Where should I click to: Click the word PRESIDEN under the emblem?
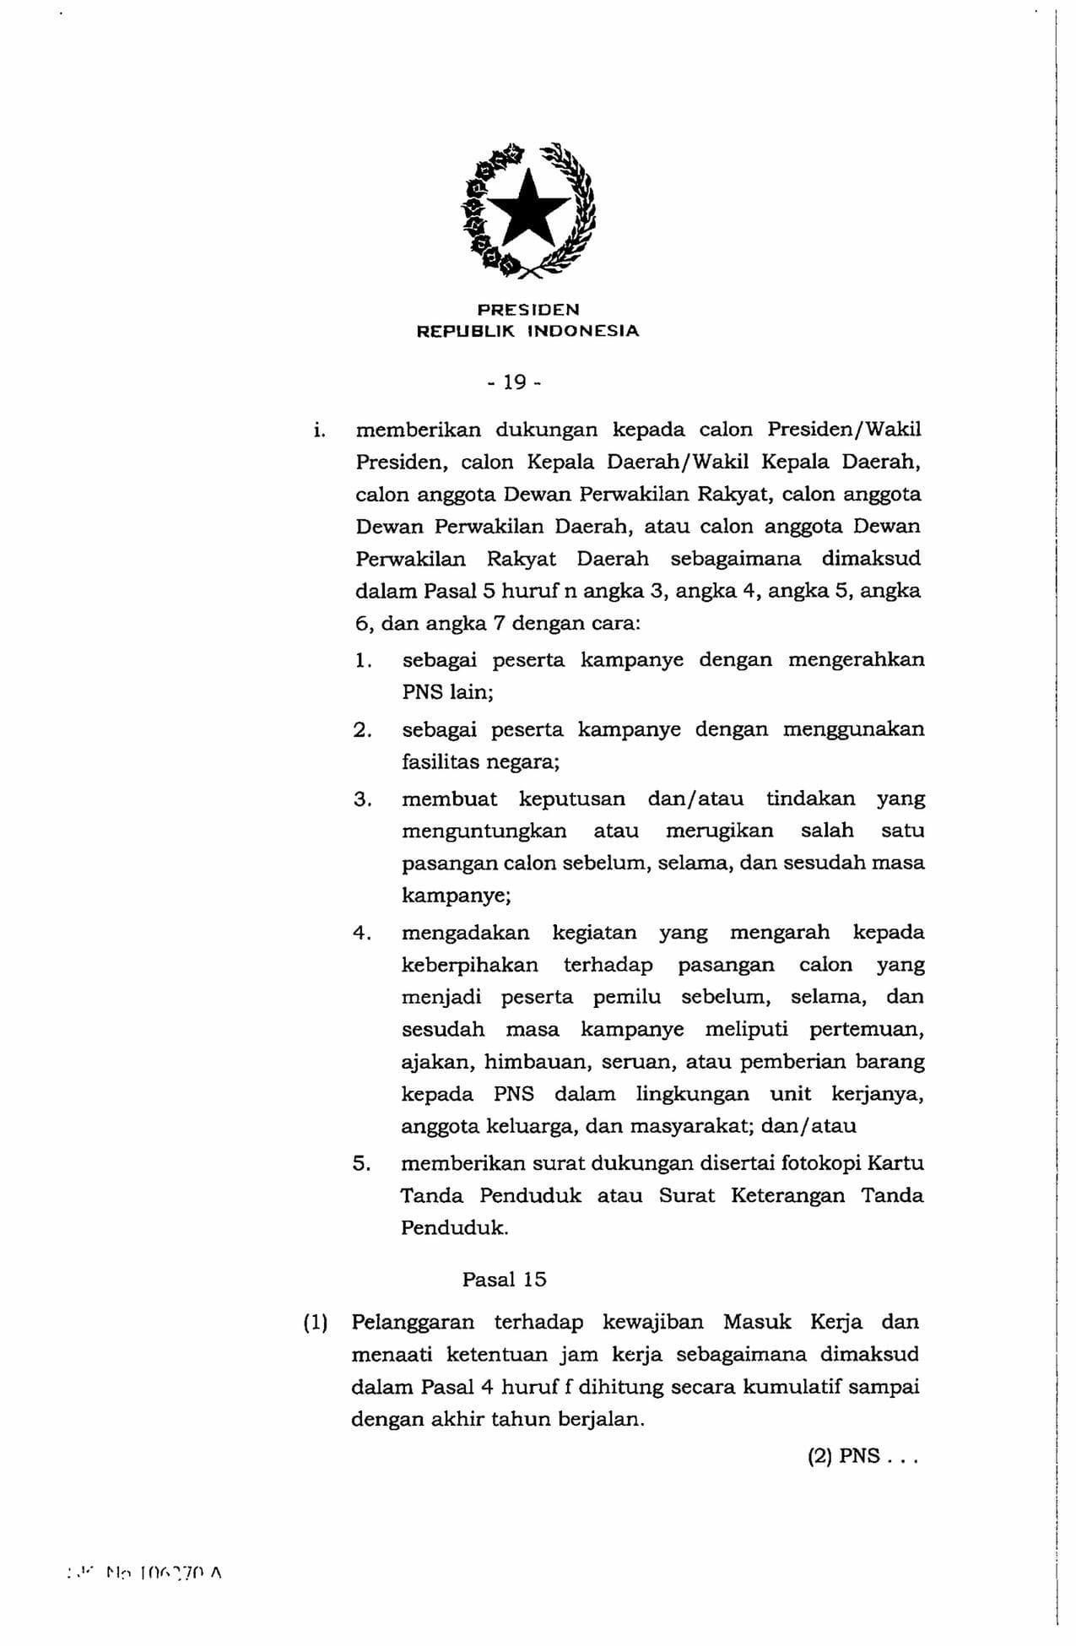[528, 310]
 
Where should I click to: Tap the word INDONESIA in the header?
[583, 332]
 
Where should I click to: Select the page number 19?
[514, 383]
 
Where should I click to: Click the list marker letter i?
[318, 430]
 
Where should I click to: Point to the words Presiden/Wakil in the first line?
[844, 430]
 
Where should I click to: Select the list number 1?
[362, 660]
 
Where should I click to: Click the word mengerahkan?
[856, 659]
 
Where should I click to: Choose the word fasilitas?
[439, 761]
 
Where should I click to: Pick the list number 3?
[362, 799]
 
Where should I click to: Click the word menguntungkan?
[484, 831]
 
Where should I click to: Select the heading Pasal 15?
[504, 1279]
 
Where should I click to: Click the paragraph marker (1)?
[315, 1322]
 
